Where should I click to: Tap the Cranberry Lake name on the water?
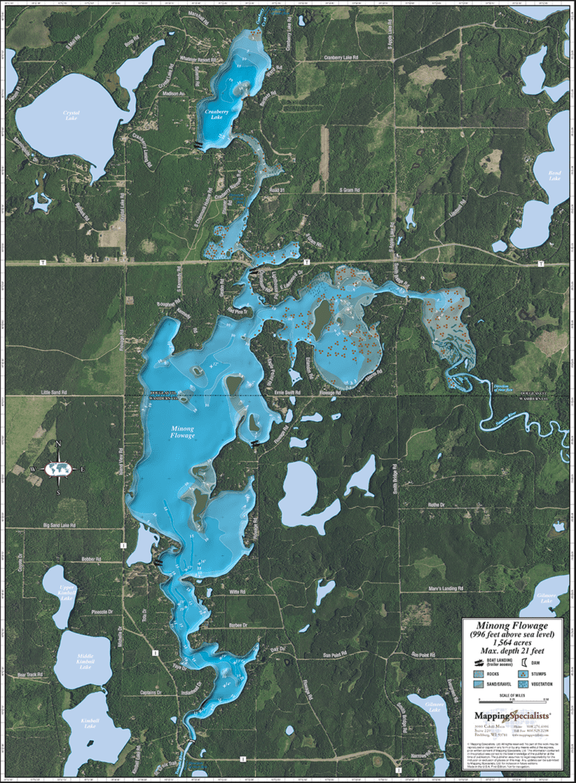pyautogui.click(x=218, y=112)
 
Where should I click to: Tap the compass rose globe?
pyautogui.click(x=58, y=469)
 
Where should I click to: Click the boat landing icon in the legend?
pyautogui.click(x=478, y=664)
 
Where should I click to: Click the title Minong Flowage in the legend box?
pyautogui.click(x=512, y=625)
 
